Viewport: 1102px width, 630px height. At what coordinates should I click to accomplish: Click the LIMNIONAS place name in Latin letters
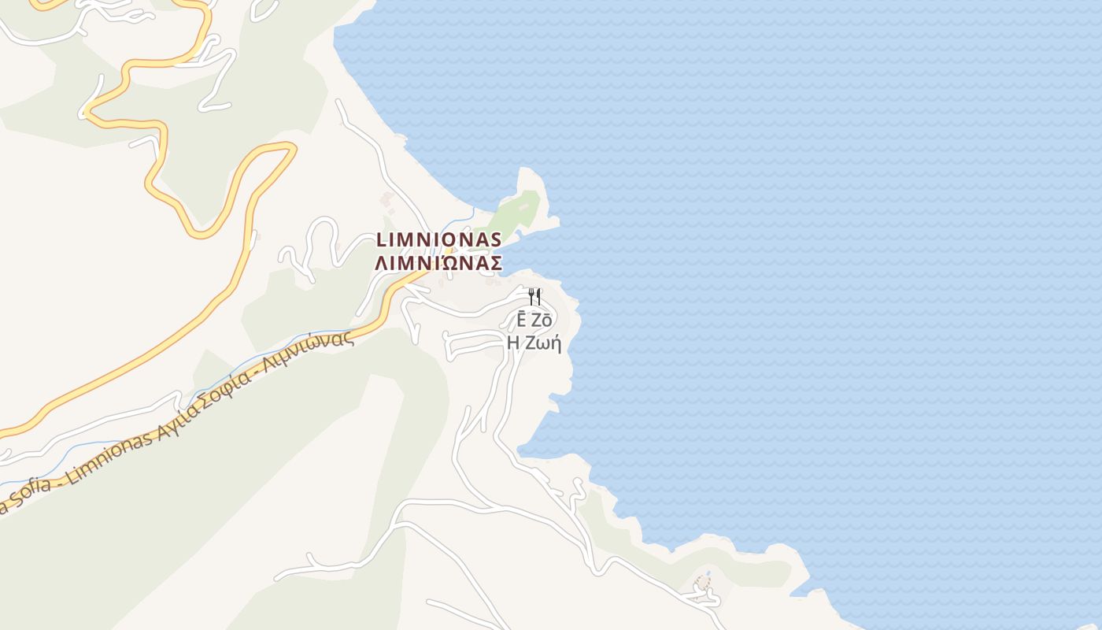(438, 239)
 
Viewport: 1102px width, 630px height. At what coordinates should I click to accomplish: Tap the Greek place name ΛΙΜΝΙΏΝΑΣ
(438, 263)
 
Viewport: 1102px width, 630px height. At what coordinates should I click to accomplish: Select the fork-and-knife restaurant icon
(535, 297)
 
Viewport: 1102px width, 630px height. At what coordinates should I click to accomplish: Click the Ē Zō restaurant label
(534, 321)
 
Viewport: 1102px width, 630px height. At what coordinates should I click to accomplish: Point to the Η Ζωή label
(534, 343)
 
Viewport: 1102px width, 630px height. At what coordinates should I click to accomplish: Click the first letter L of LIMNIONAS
(382, 239)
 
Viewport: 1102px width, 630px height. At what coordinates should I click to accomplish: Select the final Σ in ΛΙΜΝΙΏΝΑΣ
(495, 263)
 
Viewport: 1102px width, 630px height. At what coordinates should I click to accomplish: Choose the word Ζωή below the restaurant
(545, 343)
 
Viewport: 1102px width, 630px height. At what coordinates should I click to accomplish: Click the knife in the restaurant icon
(539, 297)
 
